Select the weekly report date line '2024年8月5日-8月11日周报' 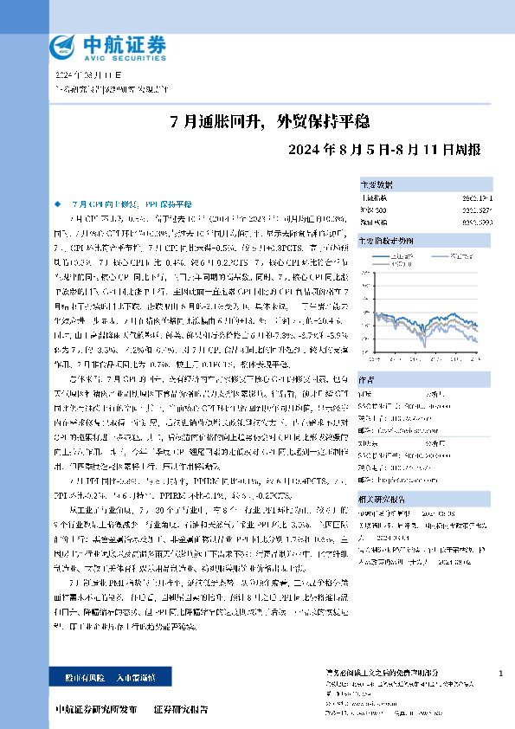[x=378, y=149]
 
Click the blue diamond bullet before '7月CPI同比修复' [x=58, y=202]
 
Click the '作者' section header [x=367, y=378]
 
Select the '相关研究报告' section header [x=381, y=499]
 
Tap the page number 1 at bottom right [x=501, y=673]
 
